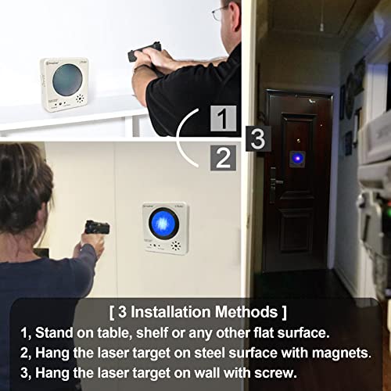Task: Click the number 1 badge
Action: click(224, 120)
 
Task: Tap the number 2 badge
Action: click(224, 157)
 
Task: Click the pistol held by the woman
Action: click(96, 228)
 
